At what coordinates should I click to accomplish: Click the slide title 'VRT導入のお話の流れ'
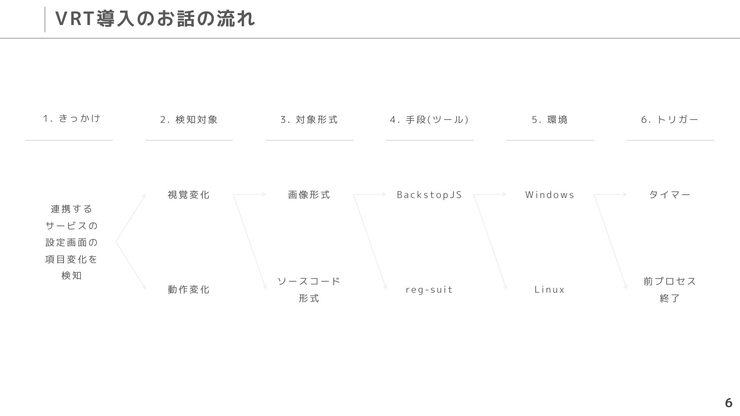tap(155, 18)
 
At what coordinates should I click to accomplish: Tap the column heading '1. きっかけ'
tap(72, 118)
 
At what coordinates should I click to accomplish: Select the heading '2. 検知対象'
tap(189, 120)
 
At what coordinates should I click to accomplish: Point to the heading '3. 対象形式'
tap(309, 120)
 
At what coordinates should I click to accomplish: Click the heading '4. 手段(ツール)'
tap(429, 120)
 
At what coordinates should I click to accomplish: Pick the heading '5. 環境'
tap(550, 120)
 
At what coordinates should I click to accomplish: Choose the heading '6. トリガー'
tap(670, 120)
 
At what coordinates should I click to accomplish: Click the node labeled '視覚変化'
tap(189, 195)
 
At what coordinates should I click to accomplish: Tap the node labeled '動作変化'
tap(189, 290)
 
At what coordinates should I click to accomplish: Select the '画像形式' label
tap(309, 195)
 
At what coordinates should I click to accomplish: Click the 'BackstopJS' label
tap(429, 195)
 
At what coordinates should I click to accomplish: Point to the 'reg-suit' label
tap(429, 290)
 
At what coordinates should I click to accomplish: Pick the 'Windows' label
tap(550, 195)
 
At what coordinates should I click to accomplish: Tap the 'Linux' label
tap(550, 290)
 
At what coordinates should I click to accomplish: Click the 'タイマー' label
tap(670, 195)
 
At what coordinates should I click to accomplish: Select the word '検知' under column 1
tap(72, 276)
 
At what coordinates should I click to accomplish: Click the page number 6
tap(728, 403)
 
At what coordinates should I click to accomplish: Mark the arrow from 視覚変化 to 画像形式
tap(249, 195)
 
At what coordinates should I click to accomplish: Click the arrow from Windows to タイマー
tap(610, 195)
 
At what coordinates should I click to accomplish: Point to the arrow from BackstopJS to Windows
tap(490, 195)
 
